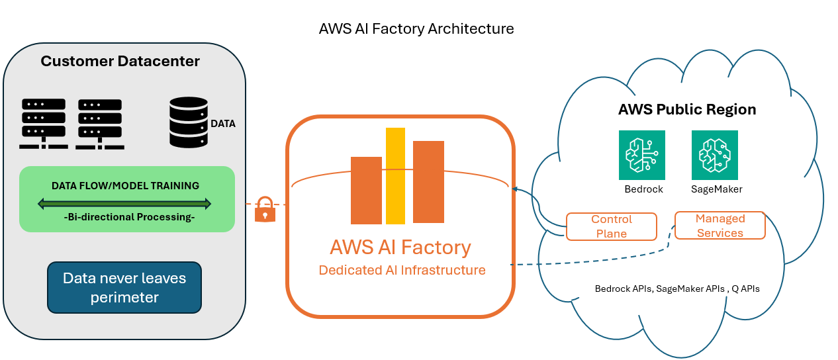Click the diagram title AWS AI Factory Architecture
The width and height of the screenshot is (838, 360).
[416, 29]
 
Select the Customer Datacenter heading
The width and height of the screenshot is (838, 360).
[120, 62]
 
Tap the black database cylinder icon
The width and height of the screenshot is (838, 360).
[189, 122]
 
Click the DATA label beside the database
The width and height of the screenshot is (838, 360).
[223, 124]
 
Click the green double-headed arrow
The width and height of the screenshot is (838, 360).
[124, 203]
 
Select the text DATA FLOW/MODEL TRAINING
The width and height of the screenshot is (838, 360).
[125, 186]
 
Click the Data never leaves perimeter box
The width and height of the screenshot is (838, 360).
[124, 288]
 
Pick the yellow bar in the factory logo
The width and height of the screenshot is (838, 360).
[395, 175]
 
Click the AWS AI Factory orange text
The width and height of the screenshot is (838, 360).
[400, 247]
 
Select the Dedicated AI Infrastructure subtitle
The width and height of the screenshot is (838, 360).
[402, 270]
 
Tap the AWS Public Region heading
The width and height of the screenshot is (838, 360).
[687, 110]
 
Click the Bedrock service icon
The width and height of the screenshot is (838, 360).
[642, 155]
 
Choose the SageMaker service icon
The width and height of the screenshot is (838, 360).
[714, 155]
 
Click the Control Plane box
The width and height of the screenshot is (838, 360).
[612, 226]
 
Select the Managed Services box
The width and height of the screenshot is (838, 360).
[720, 226]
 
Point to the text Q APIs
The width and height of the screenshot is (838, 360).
[746, 289]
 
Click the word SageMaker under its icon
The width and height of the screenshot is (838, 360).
[716, 189]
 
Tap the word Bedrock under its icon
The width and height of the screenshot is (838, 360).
[643, 189]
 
